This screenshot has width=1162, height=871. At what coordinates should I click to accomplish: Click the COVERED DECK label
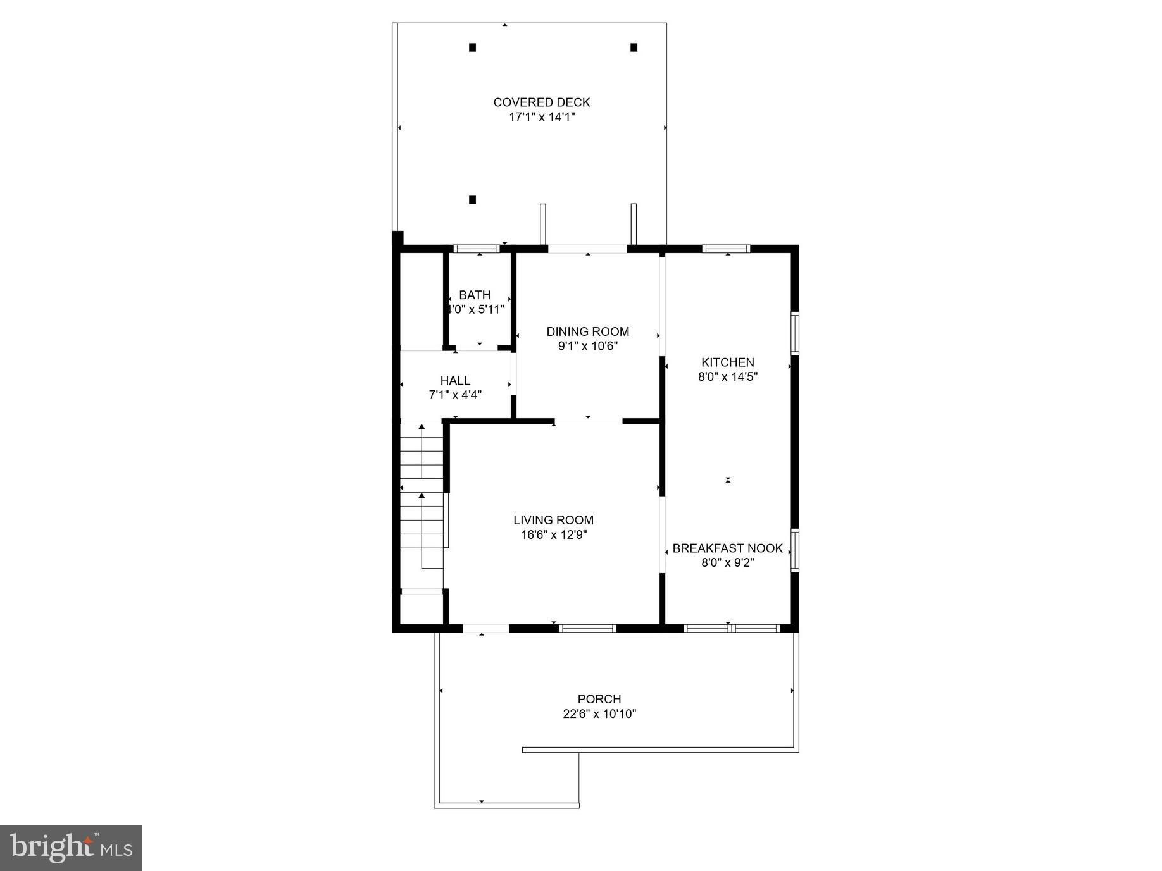click(x=541, y=102)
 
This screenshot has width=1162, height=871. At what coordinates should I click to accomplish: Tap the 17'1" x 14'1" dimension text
click(x=541, y=117)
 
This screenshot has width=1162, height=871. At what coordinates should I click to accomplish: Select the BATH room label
click(x=475, y=295)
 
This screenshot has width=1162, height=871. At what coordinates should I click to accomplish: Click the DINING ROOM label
click(x=587, y=331)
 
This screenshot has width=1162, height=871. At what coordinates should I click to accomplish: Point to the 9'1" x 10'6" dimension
click(x=587, y=346)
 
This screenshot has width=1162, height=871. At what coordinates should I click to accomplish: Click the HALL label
click(x=455, y=381)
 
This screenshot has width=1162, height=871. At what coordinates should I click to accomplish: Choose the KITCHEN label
click(x=727, y=362)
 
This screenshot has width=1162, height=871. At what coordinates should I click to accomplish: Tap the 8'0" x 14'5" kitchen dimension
click(x=727, y=377)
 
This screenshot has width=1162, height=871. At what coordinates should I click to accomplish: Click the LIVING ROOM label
click(x=553, y=520)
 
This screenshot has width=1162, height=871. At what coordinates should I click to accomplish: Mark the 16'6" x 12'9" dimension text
click(x=553, y=535)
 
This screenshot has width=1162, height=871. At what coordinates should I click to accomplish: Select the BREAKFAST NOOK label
click(x=727, y=548)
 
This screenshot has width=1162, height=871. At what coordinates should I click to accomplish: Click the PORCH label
click(x=599, y=699)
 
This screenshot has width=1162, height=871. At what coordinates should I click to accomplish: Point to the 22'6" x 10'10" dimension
click(x=599, y=714)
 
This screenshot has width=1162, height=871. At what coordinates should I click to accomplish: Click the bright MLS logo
click(x=71, y=848)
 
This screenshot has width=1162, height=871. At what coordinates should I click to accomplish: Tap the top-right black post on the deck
click(x=634, y=47)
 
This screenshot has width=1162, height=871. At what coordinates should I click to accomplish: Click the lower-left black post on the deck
click(x=472, y=200)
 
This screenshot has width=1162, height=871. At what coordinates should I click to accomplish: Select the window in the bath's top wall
click(x=477, y=249)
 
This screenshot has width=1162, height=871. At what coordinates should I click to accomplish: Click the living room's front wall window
click(x=587, y=628)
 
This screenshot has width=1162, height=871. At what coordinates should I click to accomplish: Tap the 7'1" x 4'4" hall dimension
click(x=455, y=395)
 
